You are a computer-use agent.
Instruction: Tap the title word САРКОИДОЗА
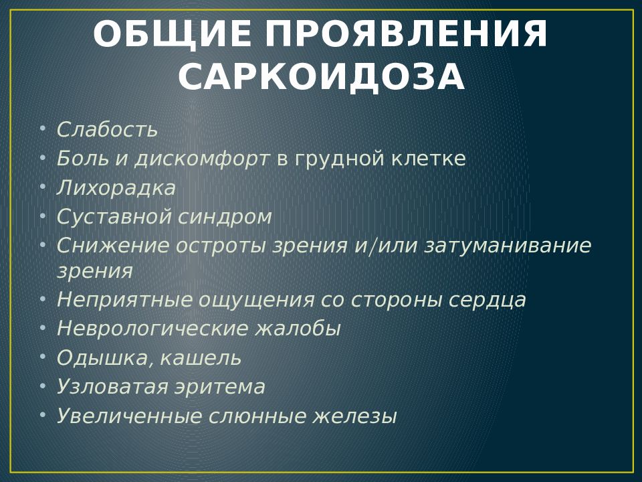(x=322, y=76)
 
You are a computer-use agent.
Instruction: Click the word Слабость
(x=107, y=129)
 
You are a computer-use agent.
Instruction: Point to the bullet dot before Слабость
(x=43, y=129)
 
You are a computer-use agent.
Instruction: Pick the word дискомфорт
(x=202, y=159)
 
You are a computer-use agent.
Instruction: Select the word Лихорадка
(x=116, y=187)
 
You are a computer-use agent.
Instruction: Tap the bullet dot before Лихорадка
(x=43, y=187)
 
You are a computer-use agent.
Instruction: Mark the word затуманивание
(x=508, y=246)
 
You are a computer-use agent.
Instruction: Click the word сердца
(x=488, y=300)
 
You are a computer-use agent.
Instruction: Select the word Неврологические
(x=152, y=328)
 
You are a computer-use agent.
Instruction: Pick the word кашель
(x=201, y=357)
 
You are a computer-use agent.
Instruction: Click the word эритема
(x=220, y=387)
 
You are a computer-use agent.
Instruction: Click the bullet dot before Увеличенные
(x=43, y=415)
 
